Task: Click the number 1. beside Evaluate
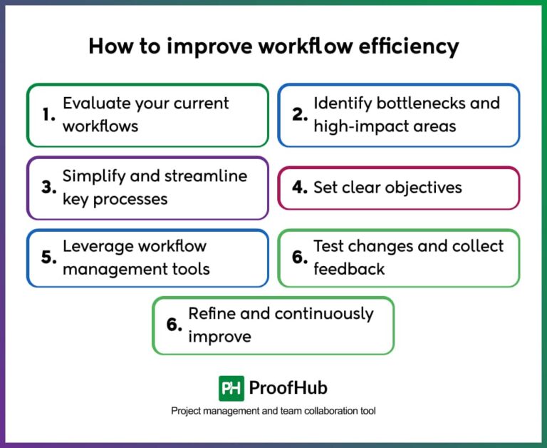click(x=48, y=115)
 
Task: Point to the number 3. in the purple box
click(x=48, y=188)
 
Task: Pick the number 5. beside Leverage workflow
click(x=48, y=258)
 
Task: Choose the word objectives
click(x=425, y=188)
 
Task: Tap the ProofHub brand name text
click(x=288, y=388)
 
